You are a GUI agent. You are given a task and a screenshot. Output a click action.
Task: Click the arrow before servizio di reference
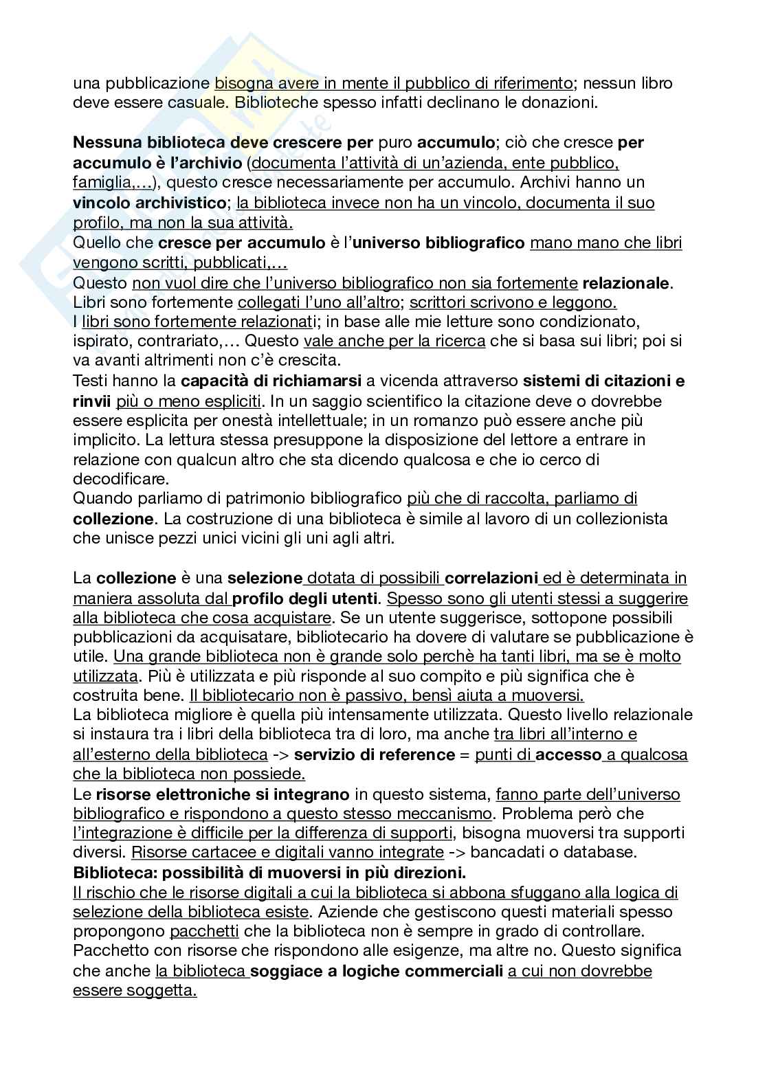coord(280,754)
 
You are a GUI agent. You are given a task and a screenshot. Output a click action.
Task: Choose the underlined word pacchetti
coord(205,932)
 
